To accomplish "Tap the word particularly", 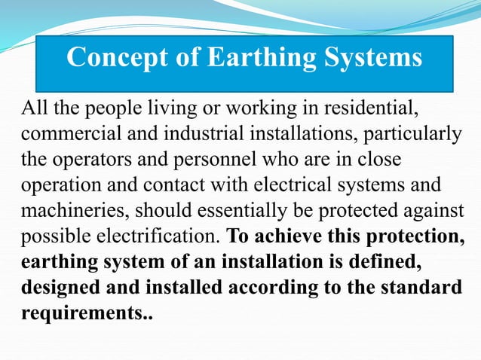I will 414,136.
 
